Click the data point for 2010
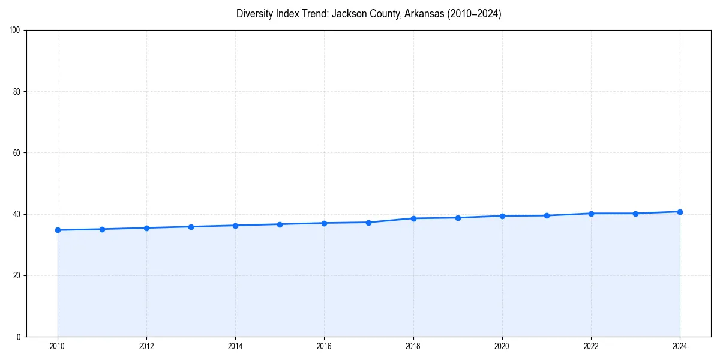pos(58,230)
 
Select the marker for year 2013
pos(191,227)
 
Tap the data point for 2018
pos(413,218)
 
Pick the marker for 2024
pos(680,212)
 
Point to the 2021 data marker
pos(547,215)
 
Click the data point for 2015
pos(280,224)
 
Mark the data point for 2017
pos(368,223)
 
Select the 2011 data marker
pos(102,229)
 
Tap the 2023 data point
pos(635,214)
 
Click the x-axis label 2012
pos(146,346)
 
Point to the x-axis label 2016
pos(324,346)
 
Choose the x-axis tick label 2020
pos(502,346)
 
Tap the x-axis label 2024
pos(680,346)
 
